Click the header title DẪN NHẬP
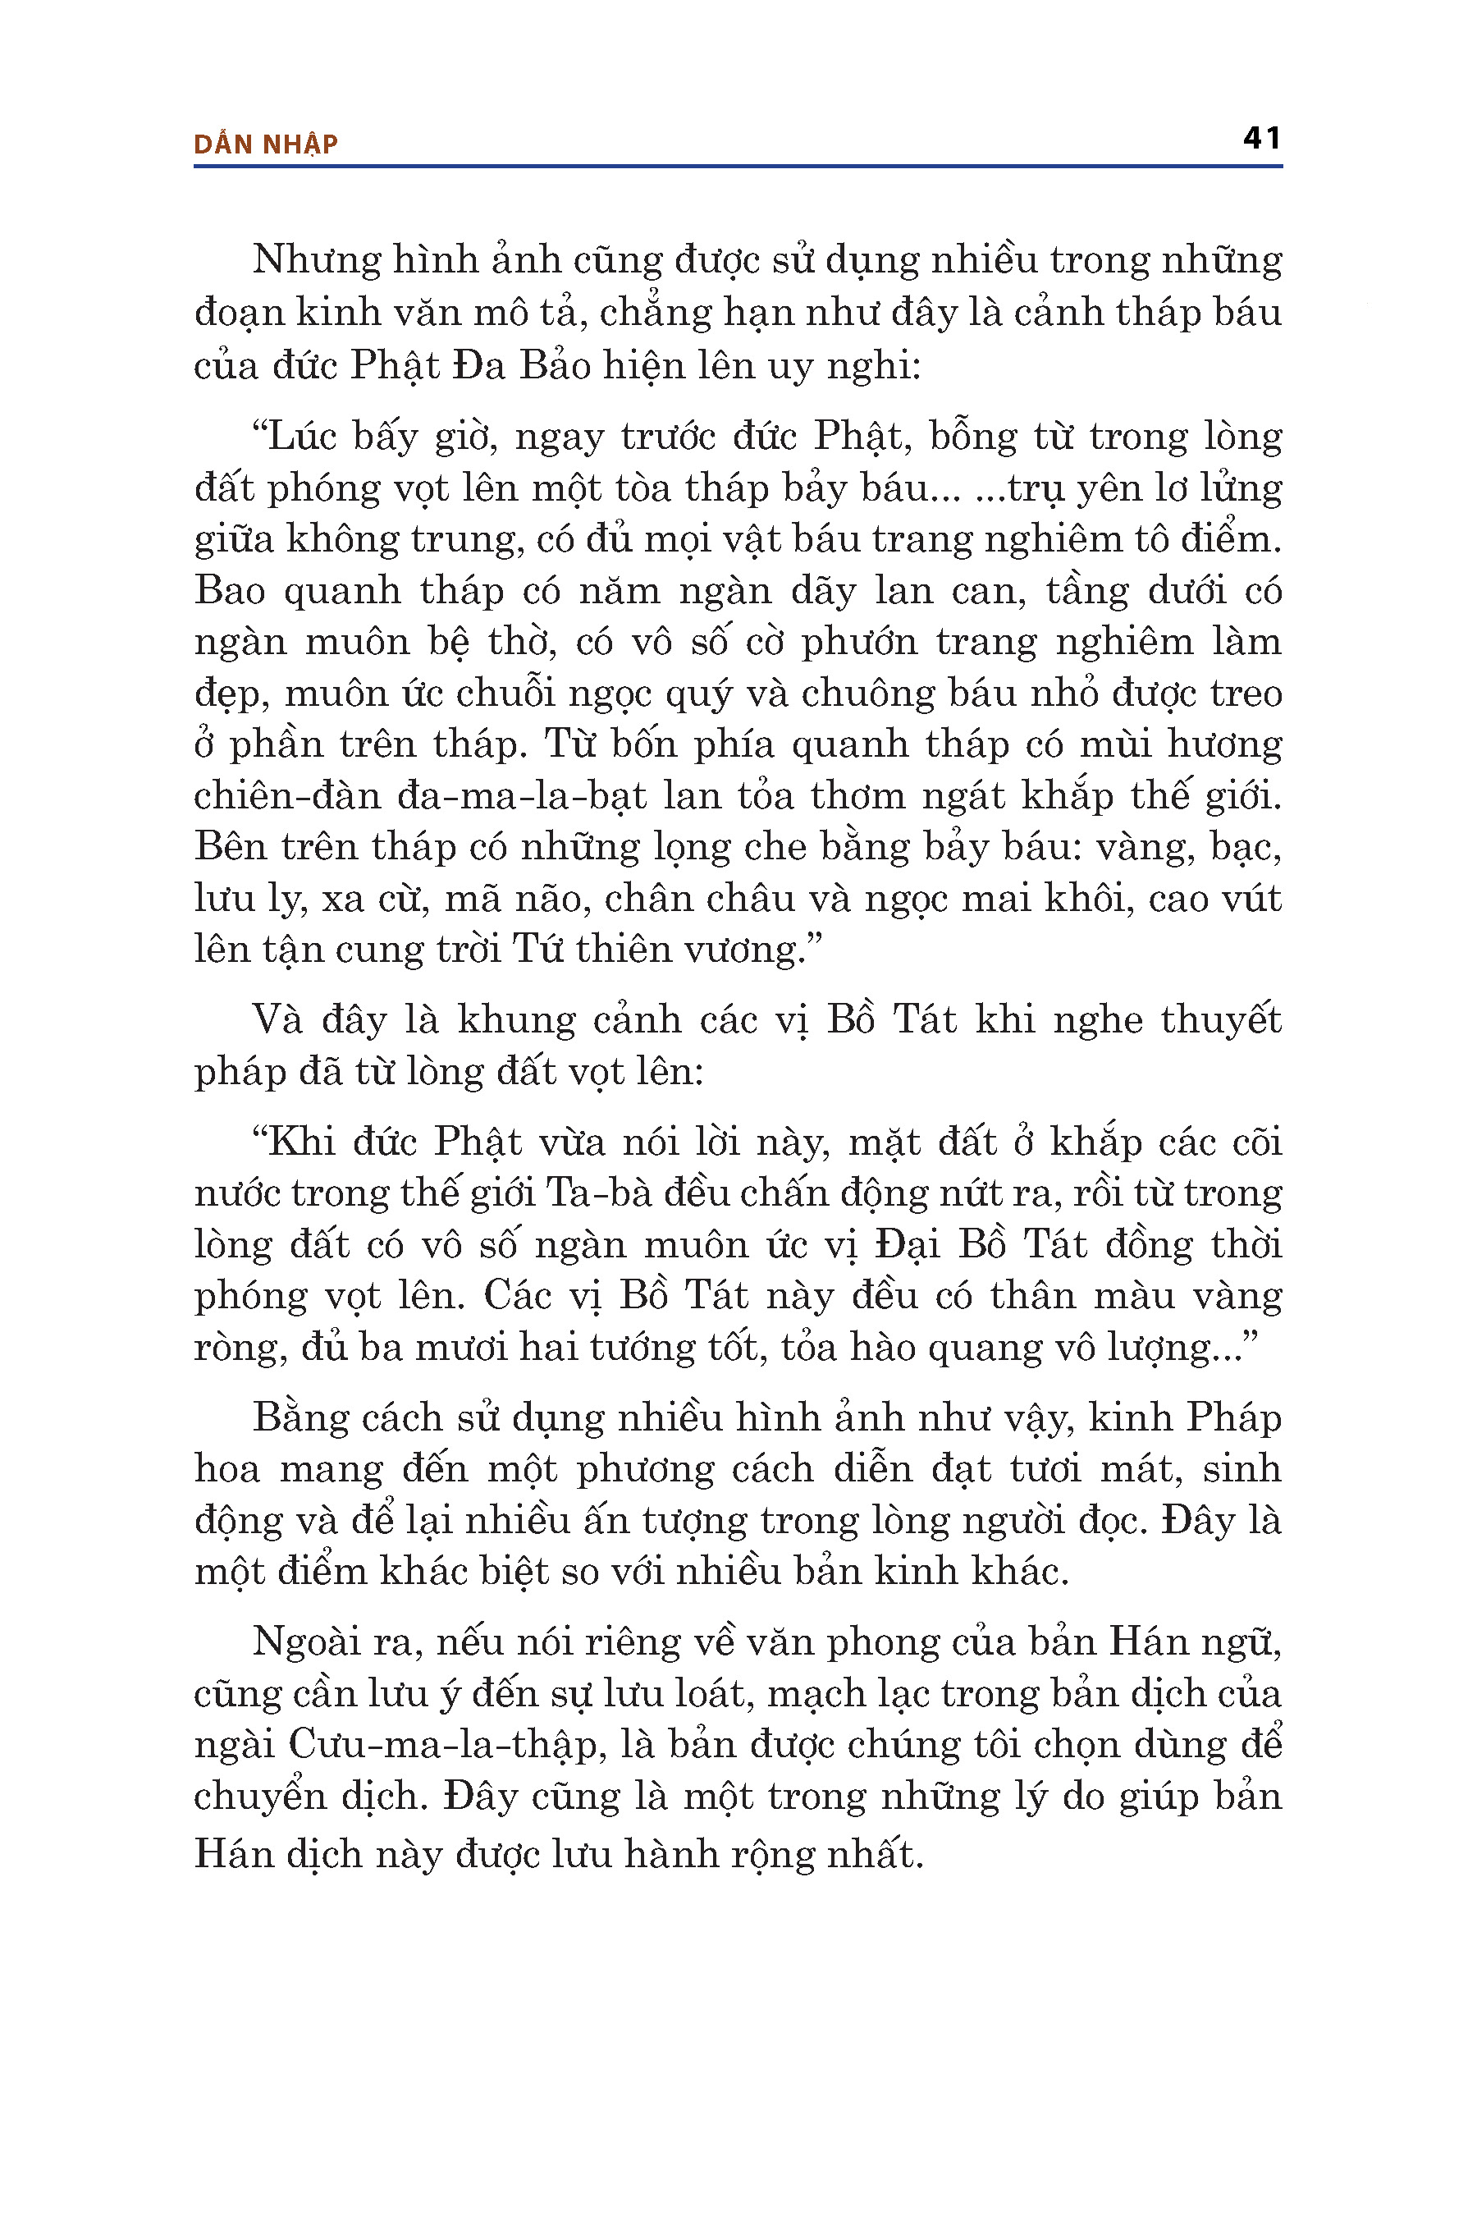click(x=266, y=144)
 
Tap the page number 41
click(x=1262, y=139)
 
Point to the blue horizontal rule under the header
click(x=738, y=167)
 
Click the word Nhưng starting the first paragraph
click(x=313, y=260)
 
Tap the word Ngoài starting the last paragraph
click(x=311, y=1642)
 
